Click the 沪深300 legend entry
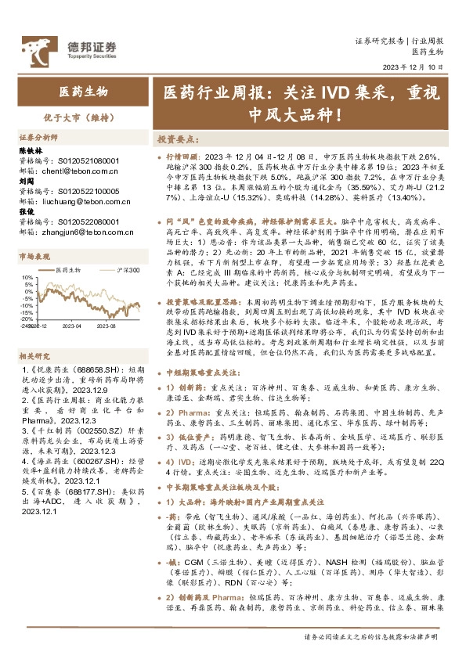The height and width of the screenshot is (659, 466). [125, 270]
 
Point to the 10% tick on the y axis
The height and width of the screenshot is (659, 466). [27, 277]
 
